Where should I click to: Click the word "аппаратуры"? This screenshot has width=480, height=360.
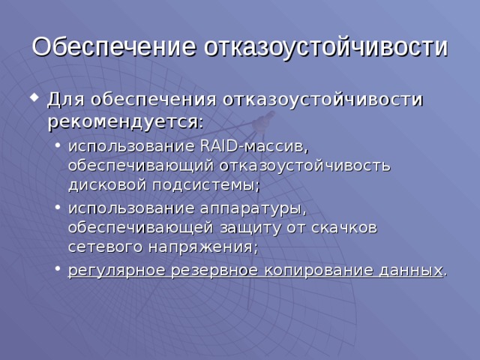[254, 206]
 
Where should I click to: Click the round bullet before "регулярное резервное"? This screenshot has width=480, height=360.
[58, 270]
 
